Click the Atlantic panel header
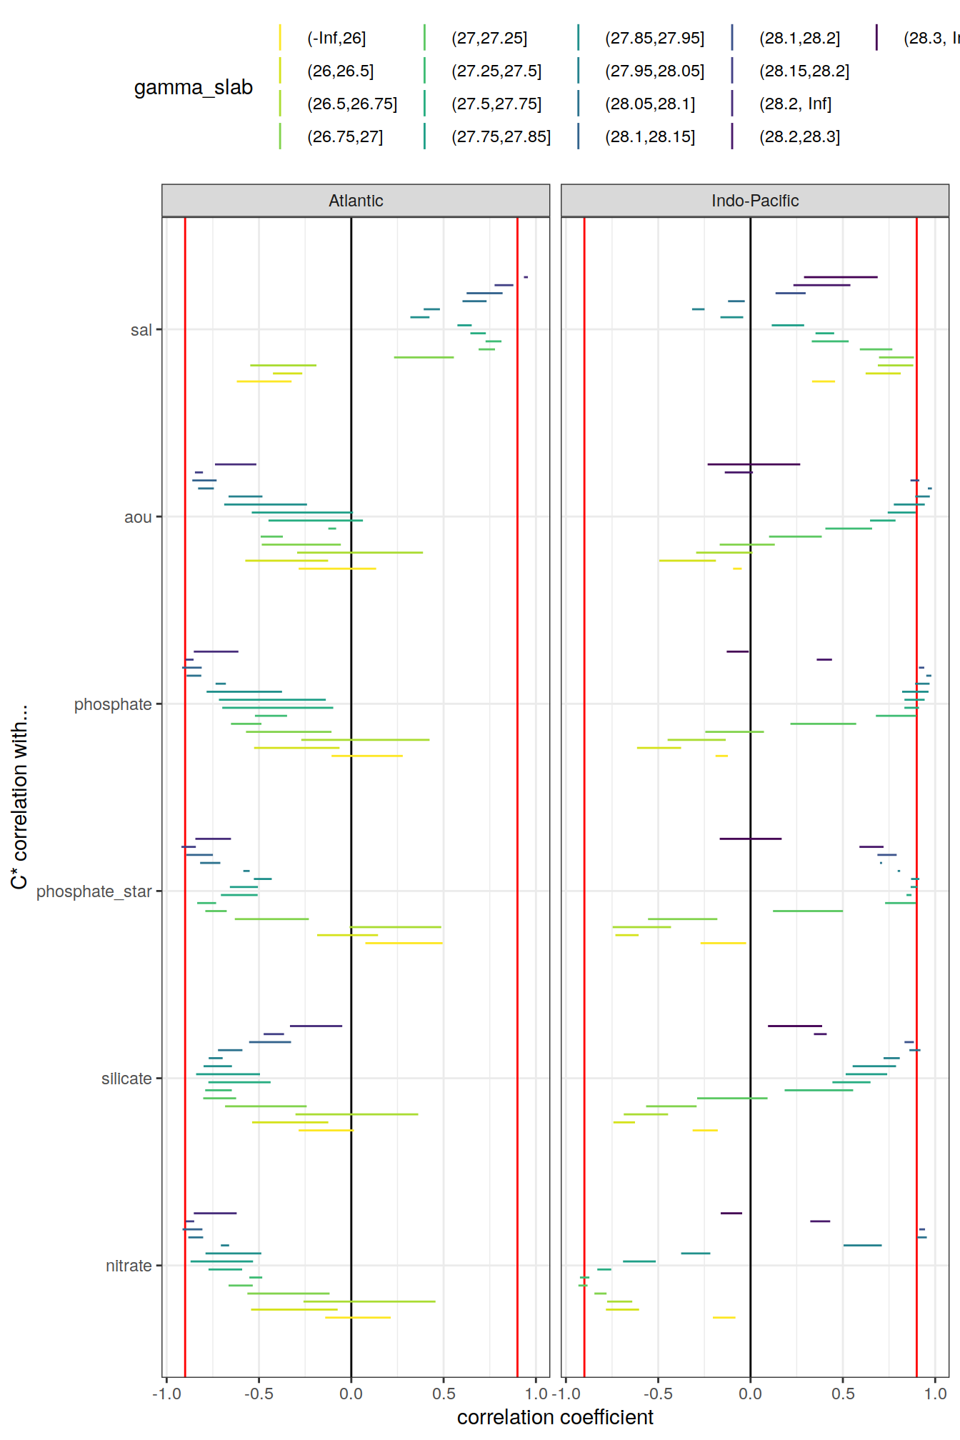point(356,201)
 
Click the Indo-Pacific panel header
point(754,201)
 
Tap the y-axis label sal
point(141,330)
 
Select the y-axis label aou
point(138,517)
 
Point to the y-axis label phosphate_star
point(94,891)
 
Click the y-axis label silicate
point(126,1079)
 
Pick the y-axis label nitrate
point(129,1266)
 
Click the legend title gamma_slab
point(194,87)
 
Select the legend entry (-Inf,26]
point(336,38)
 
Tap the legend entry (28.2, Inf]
point(795,104)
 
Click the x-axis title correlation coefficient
point(555,1417)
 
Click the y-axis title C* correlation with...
point(19,796)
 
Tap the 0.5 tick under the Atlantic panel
point(444,1394)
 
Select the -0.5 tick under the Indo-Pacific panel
point(658,1394)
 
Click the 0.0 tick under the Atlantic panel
point(351,1394)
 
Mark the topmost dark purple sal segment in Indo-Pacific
point(840,276)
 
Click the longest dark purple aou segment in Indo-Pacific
point(754,464)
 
